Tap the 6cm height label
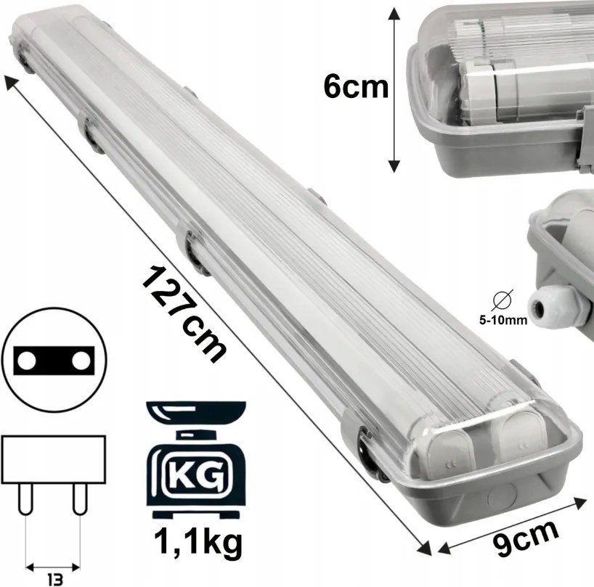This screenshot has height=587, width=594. point(356,87)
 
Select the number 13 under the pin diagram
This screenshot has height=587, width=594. point(52,578)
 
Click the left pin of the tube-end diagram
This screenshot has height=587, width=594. point(27,500)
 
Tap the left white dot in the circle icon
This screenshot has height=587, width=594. point(28,360)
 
